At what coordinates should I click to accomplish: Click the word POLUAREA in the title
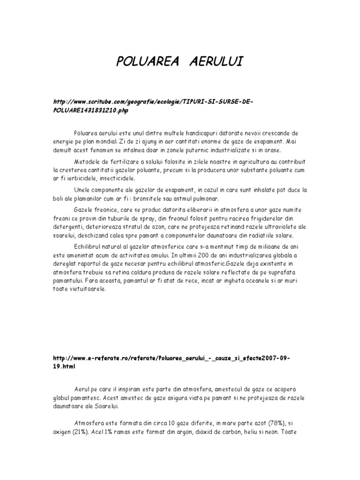(146, 61)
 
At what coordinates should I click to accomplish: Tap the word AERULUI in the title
(214, 61)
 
